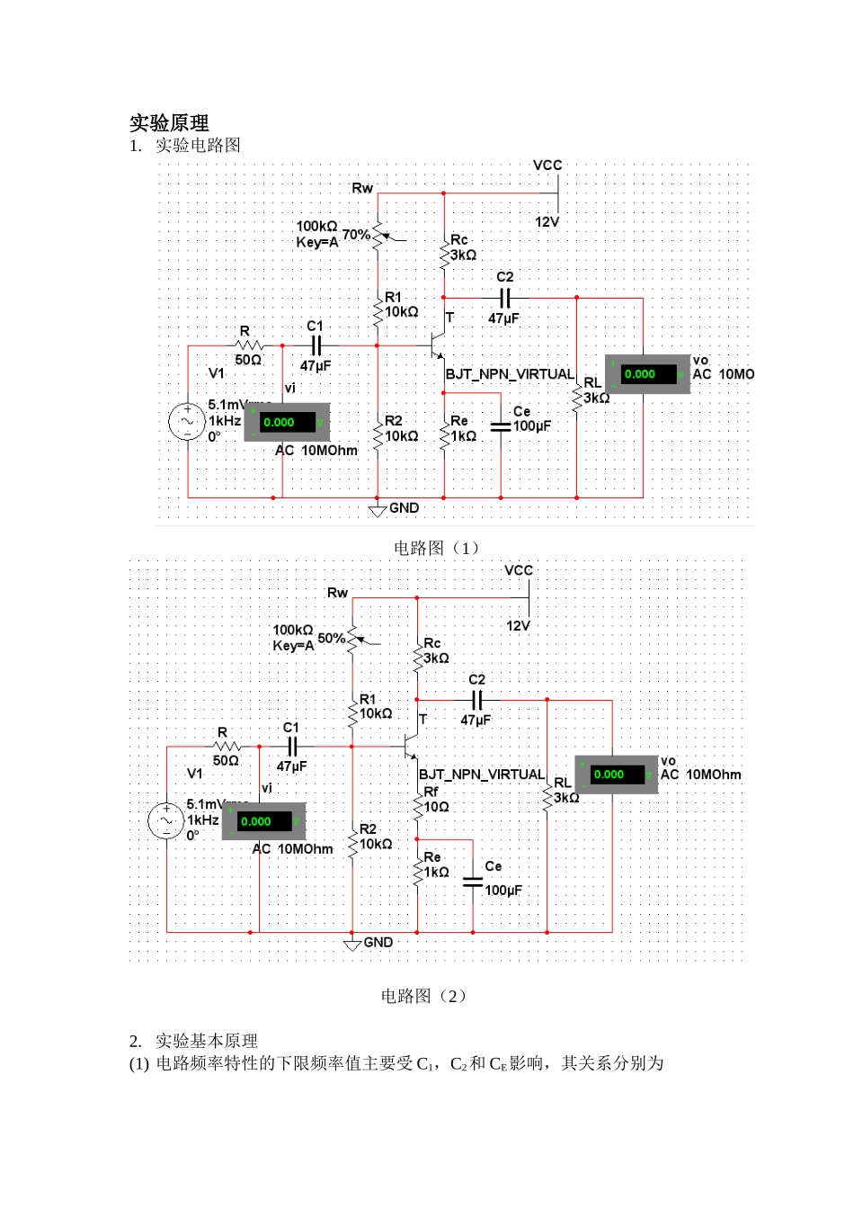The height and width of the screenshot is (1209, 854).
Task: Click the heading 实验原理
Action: (x=169, y=123)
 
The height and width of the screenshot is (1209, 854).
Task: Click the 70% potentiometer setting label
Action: (x=356, y=235)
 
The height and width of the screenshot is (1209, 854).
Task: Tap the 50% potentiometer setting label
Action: (x=331, y=639)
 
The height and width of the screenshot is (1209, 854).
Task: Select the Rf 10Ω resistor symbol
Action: (x=417, y=804)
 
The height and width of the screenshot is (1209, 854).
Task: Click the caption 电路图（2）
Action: (x=425, y=996)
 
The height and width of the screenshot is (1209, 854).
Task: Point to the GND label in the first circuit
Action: (x=405, y=508)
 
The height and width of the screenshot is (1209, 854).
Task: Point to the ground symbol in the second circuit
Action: (x=352, y=944)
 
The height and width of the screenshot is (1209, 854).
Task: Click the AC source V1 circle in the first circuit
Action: (x=188, y=422)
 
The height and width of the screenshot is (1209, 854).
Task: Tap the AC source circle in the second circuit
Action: (x=166, y=821)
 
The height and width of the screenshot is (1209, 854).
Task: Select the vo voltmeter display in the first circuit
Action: (x=647, y=374)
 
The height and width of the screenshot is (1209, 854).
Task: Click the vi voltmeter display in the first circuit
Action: (x=287, y=422)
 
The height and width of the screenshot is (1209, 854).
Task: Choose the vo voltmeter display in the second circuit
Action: (x=617, y=775)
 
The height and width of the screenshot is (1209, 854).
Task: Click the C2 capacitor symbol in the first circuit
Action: (x=504, y=298)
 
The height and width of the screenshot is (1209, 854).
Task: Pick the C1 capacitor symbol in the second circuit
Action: (x=291, y=747)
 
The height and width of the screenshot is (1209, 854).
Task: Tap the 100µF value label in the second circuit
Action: (x=503, y=891)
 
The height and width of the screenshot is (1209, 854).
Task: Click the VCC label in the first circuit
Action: (x=547, y=166)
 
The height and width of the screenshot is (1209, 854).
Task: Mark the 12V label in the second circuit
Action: (x=518, y=626)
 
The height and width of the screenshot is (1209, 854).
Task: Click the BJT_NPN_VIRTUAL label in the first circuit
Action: (x=510, y=374)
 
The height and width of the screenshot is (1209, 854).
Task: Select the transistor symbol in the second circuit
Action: (x=412, y=747)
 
